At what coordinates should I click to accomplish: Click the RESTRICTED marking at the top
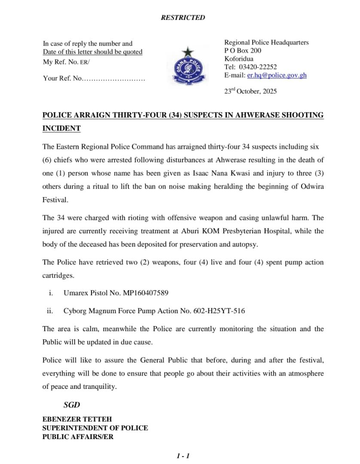[x=183, y=18]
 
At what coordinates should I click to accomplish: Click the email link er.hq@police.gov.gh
[x=277, y=75]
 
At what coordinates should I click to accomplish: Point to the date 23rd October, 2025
[x=250, y=91]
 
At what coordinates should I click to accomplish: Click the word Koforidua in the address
[x=239, y=59]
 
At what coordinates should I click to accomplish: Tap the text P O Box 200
[x=243, y=51]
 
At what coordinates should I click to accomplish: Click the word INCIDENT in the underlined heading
[x=61, y=128]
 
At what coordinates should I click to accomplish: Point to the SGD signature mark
[x=72, y=405]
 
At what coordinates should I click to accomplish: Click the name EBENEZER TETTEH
[x=77, y=419]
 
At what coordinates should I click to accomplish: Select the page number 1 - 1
[x=183, y=456]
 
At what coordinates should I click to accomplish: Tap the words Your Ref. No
[x=62, y=79]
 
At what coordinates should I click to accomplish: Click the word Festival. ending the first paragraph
[x=55, y=200]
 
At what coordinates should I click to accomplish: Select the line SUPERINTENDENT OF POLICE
[x=95, y=428]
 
